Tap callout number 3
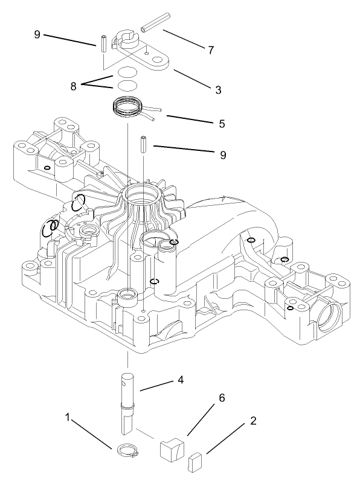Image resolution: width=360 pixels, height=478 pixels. pos(218,90)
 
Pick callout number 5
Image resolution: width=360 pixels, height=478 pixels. pos(222,124)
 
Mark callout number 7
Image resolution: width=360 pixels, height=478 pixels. pos(211,50)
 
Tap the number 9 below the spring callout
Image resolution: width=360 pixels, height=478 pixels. pos(223,155)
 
